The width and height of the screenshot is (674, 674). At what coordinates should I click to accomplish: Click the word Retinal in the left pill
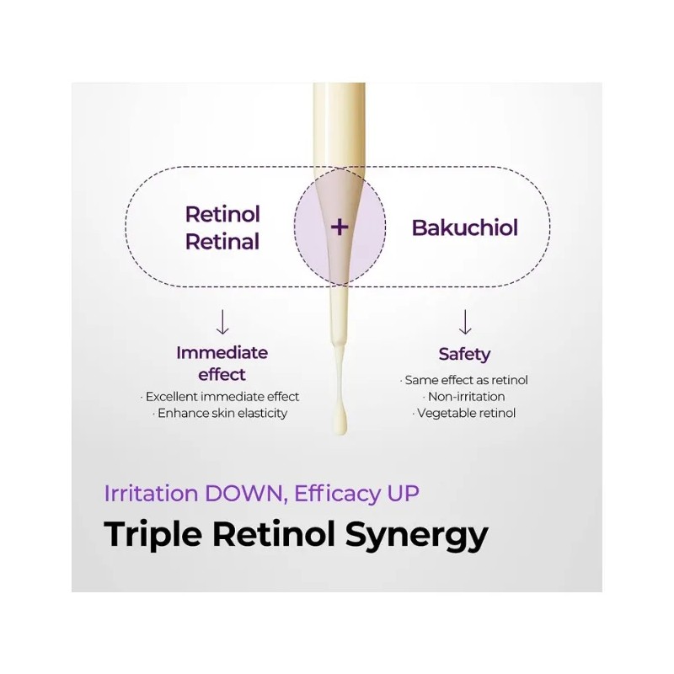point(222,242)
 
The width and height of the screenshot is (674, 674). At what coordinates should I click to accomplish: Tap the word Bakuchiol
point(465,227)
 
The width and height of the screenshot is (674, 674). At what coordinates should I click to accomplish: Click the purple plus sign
point(340,227)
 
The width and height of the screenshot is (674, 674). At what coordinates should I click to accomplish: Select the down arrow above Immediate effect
point(222,322)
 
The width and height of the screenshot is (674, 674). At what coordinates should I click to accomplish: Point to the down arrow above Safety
point(465,322)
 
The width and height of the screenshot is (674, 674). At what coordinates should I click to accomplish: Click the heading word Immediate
point(222,353)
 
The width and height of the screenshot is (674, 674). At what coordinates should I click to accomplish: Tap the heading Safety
point(465,355)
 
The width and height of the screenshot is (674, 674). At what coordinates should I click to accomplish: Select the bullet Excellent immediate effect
point(220,396)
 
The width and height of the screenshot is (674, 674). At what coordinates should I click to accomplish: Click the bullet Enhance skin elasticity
point(220,413)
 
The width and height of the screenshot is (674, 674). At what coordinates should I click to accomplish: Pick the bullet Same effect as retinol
point(464,380)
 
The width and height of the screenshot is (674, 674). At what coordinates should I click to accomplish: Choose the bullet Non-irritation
point(464,396)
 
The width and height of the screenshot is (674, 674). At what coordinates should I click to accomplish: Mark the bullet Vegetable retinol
point(464,413)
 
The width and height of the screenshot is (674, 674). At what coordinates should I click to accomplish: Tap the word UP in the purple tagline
point(403,493)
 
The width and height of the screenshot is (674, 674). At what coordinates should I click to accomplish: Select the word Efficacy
point(338,494)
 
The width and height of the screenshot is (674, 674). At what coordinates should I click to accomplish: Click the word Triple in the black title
point(153,535)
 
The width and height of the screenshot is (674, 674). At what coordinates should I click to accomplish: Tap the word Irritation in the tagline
point(152,493)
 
